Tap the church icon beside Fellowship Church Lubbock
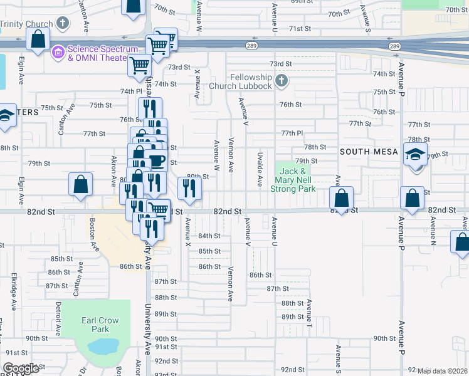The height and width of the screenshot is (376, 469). coord(282,80)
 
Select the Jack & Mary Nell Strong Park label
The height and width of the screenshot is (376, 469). coord(293,179)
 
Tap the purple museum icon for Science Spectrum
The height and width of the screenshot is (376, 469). coord(58,51)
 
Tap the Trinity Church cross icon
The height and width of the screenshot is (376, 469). coord(62,24)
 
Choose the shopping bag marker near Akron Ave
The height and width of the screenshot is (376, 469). coord(80,184)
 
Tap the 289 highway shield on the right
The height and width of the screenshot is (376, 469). coord(394,46)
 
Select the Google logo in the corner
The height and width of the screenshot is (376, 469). coord(21,368)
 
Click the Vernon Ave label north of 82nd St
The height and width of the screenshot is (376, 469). coord(231,155)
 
